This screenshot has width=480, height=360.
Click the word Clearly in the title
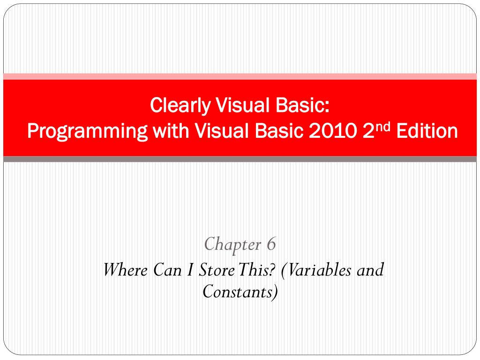pyautogui.click(x=180, y=106)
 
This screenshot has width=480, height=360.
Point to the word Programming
pyautogui.click(x=87, y=132)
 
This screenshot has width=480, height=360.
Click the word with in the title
pyautogui.click(x=170, y=131)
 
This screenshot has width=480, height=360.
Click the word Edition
pyautogui.click(x=427, y=131)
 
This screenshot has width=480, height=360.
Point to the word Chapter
pyautogui.click(x=233, y=244)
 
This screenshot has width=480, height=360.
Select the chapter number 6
pyautogui.click(x=271, y=244)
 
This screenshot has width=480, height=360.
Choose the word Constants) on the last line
pyautogui.click(x=240, y=292)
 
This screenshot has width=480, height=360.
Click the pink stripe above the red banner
pyautogui.click(x=240, y=76)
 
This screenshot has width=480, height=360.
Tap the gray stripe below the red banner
pyautogui.click(x=240, y=159)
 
